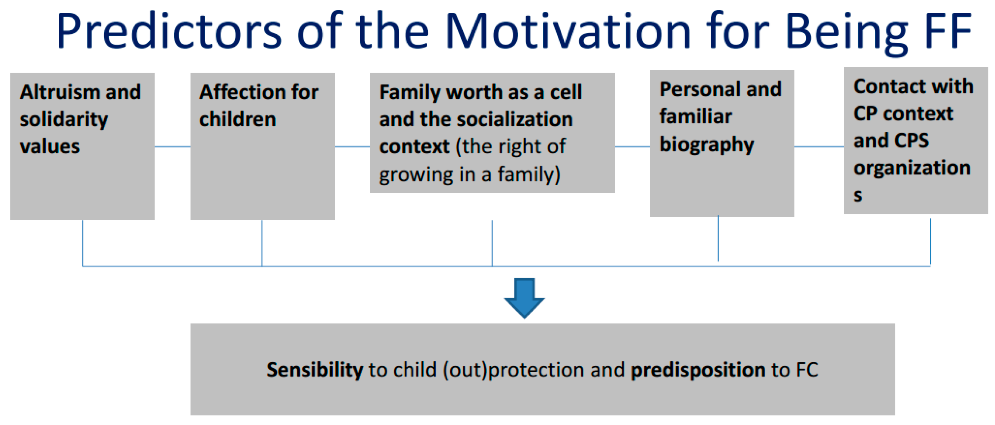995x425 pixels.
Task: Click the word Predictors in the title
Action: click(169, 31)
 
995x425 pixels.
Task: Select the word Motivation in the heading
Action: click(568, 31)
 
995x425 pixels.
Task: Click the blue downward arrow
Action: click(524, 298)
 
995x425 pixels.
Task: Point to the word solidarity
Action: click(64, 119)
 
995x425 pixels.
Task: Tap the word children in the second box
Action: click(238, 119)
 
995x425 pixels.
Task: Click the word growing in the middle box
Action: click(416, 175)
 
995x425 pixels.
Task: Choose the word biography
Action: click(707, 145)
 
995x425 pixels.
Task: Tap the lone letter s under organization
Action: click(858, 196)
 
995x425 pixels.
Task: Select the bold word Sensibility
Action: click(315, 370)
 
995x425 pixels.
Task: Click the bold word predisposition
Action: click(698, 370)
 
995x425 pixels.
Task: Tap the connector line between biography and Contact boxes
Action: click(819, 146)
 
